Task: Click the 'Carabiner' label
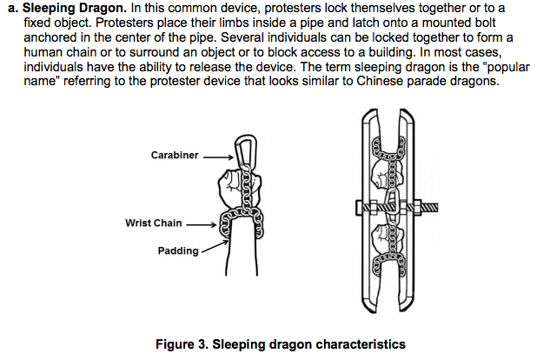click(x=176, y=156)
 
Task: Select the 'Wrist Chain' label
click(x=153, y=223)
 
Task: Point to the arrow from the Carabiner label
click(x=219, y=157)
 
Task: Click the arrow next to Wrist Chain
click(x=201, y=224)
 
